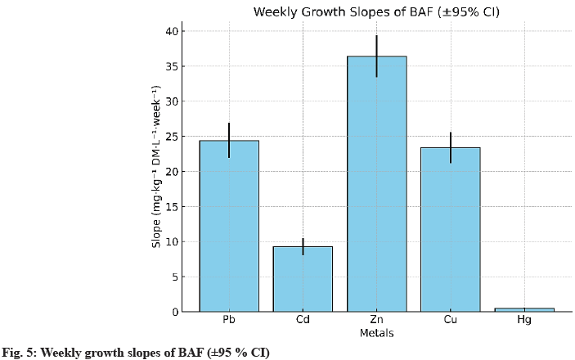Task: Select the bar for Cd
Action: [x=303, y=278]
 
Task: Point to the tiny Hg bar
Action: [x=524, y=309]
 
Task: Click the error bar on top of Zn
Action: [x=376, y=56]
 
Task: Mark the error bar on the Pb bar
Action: [x=229, y=140]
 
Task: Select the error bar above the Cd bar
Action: [x=303, y=246]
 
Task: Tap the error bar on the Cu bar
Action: [x=450, y=147]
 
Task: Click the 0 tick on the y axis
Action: [x=173, y=312]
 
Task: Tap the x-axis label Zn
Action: [x=376, y=320]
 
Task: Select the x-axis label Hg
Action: [x=524, y=320]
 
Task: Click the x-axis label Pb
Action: [x=229, y=320]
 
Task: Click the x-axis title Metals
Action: [x=376, y=333]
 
